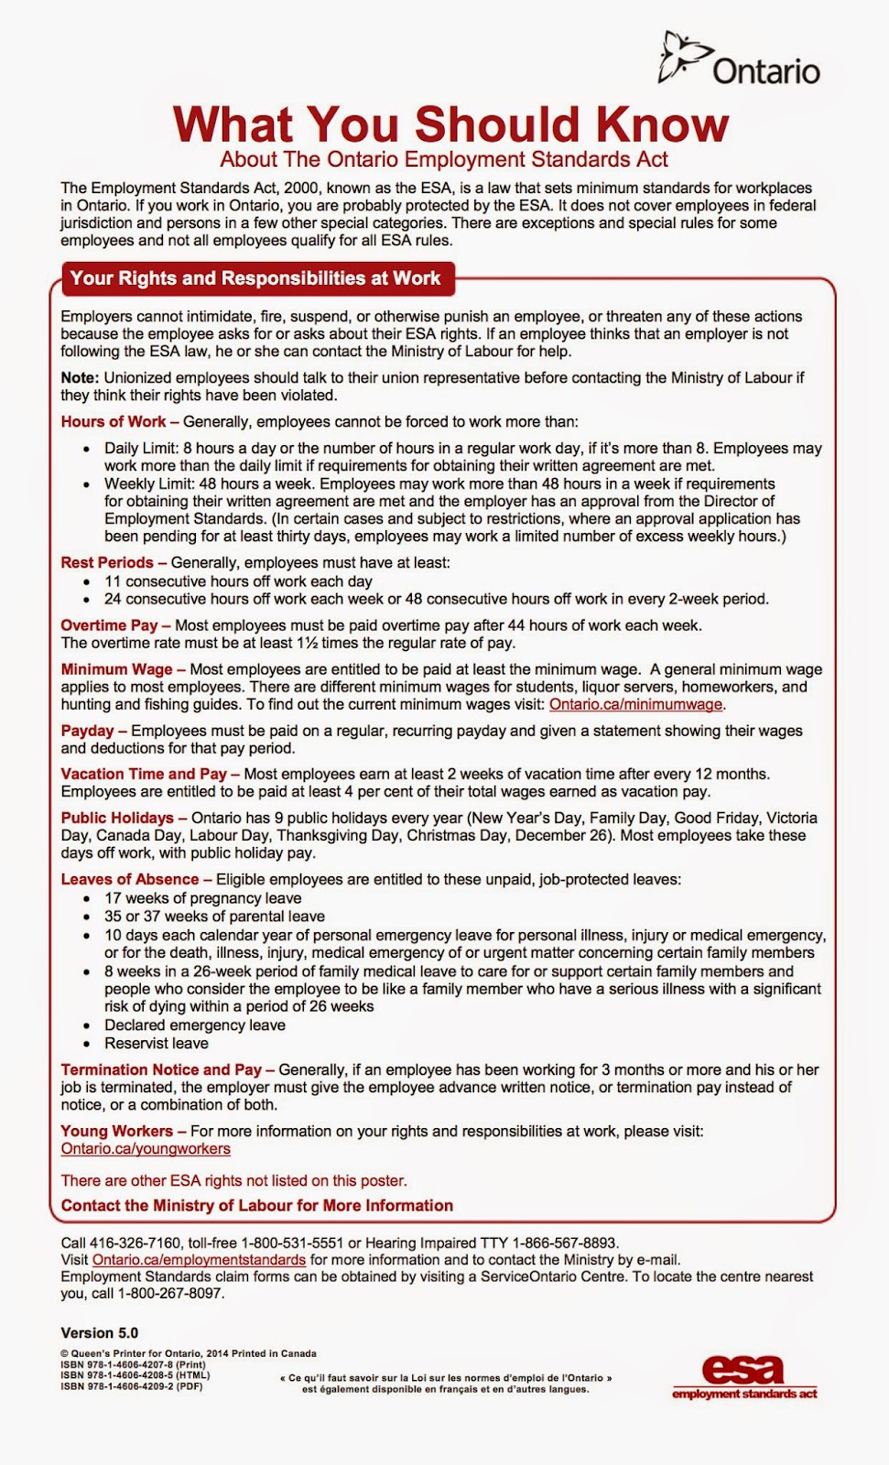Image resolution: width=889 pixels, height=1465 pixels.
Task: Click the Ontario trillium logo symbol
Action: click(x=683, y=55)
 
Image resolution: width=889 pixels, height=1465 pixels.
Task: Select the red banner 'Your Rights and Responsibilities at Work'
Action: click(x=255, y=278)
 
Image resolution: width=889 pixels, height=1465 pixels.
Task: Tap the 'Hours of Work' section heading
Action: click(x=114, y=422)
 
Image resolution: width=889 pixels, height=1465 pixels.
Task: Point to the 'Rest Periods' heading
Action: click(x=107, y=563)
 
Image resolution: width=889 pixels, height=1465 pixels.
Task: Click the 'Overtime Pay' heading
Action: click(x=109, y=625)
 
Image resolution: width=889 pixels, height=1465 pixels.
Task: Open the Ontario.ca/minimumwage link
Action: click(x=635, y=705)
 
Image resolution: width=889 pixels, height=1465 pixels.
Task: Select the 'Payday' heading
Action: click(x=87, y=731)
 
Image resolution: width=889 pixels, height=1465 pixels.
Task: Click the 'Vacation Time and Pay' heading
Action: click(x=144, y=774)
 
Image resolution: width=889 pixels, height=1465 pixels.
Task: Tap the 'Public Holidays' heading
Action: click(x=117, y=818)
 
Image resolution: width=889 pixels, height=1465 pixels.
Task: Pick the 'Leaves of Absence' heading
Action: click(x=129, y=880)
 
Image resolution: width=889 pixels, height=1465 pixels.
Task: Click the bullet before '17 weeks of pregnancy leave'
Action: click(x=87, y=899)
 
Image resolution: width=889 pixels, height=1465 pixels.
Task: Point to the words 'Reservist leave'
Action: click(x=156, y=1043)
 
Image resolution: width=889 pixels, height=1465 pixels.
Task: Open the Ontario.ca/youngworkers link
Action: click(x=146, y=1149)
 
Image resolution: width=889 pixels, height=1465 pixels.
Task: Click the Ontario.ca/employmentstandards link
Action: click(x=199, y=1260)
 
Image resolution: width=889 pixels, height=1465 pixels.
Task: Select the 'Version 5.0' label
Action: click(x=100, y=1333)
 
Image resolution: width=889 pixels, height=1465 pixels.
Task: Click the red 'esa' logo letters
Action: click(x=743, y=1370)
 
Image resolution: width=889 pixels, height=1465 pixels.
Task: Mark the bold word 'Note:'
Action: click(x=80, y=378)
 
